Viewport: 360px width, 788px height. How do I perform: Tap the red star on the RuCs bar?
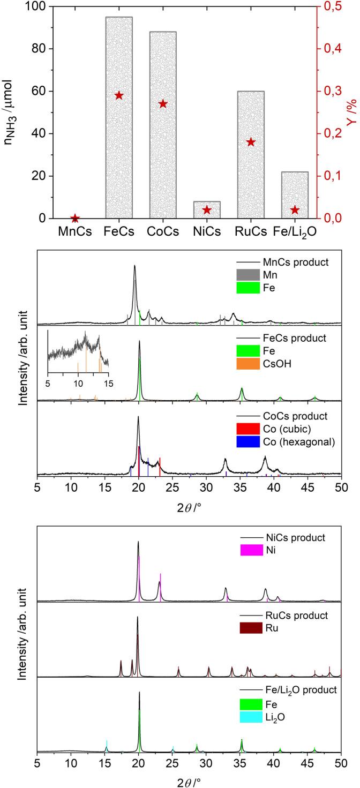[x=251, y=142]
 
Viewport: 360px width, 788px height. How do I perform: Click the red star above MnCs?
[x=75, y=218]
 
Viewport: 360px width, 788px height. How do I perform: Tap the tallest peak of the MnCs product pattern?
[x=134, y=266]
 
